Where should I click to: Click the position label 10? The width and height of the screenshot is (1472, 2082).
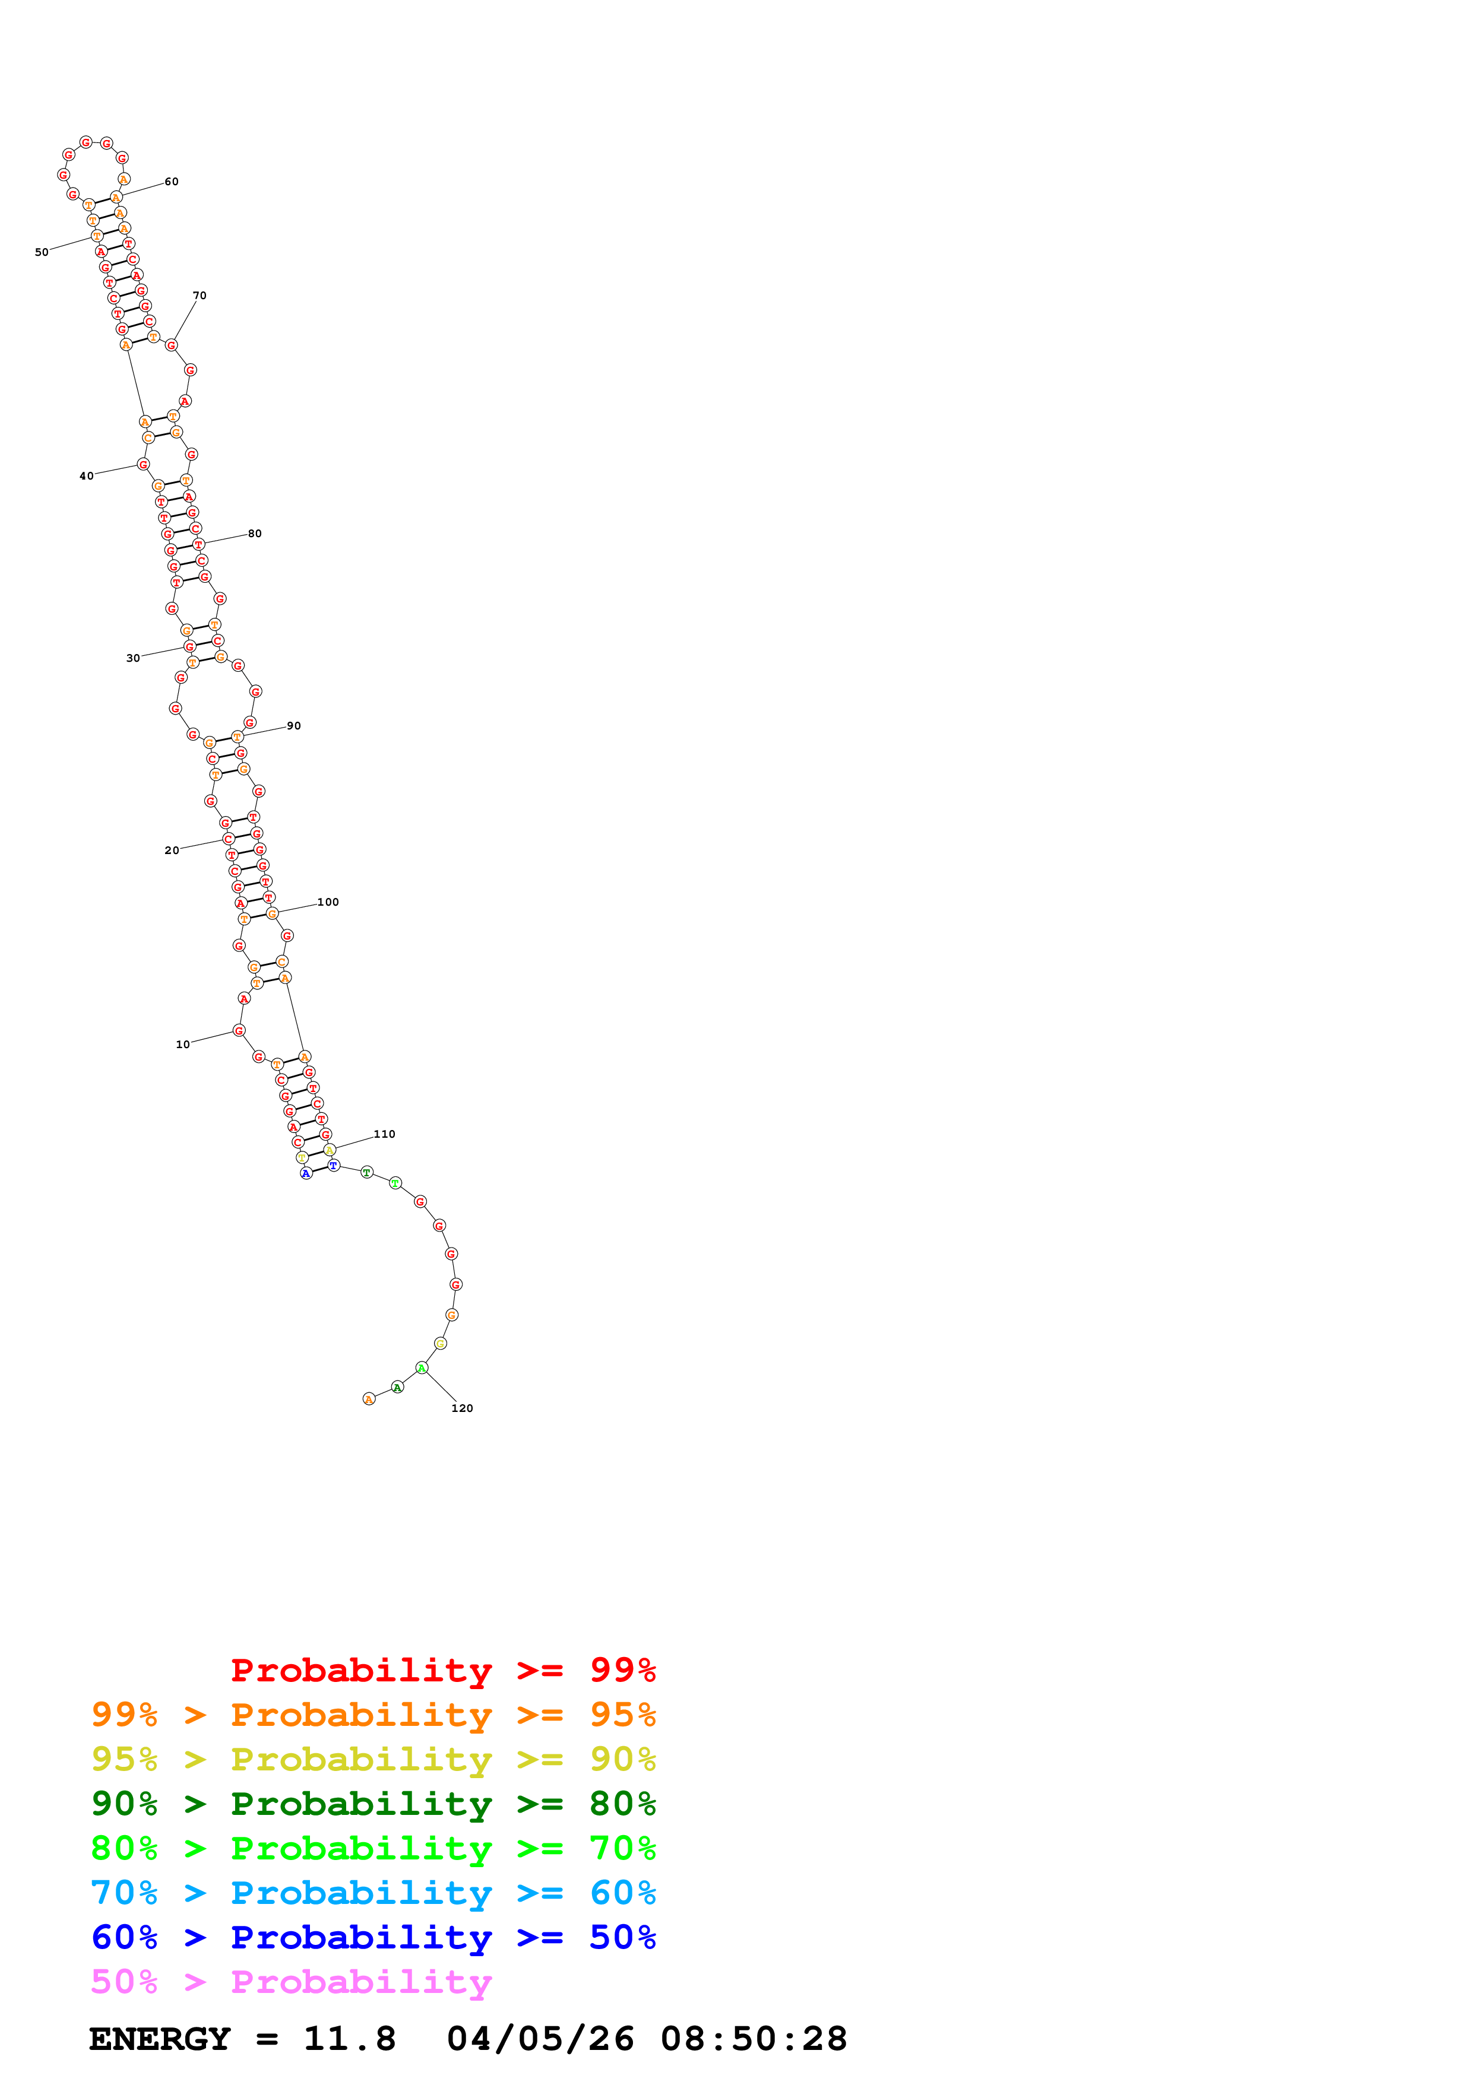(182, 1045)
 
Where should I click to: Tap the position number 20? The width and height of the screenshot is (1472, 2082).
(172, 850)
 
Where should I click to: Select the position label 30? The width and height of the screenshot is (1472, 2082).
(132, 658)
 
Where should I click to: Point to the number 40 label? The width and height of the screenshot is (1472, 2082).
(86, 476)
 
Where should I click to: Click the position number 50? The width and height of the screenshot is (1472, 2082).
(42, 252)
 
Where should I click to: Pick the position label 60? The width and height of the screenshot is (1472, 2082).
(172, 182)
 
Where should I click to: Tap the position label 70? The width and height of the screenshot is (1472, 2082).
(200, 296)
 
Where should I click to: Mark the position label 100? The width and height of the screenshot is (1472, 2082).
(327, 902)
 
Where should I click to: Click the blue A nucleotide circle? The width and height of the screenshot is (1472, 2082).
(306, 1173)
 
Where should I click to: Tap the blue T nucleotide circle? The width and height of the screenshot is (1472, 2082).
(334, 1165)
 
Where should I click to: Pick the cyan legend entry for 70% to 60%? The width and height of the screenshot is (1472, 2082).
(373, 1893)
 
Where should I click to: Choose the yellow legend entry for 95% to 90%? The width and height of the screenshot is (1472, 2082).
(373, 1759)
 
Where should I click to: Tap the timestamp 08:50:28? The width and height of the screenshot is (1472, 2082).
(753, 2039)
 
